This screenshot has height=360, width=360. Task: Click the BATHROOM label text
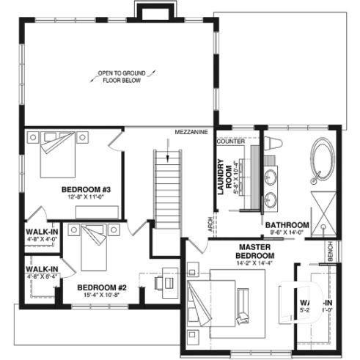(287, 225)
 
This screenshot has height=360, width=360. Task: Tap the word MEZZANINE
(191, 132)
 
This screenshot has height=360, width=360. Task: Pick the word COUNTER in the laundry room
(230, 140)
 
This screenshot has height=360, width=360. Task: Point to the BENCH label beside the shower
(331, 251)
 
